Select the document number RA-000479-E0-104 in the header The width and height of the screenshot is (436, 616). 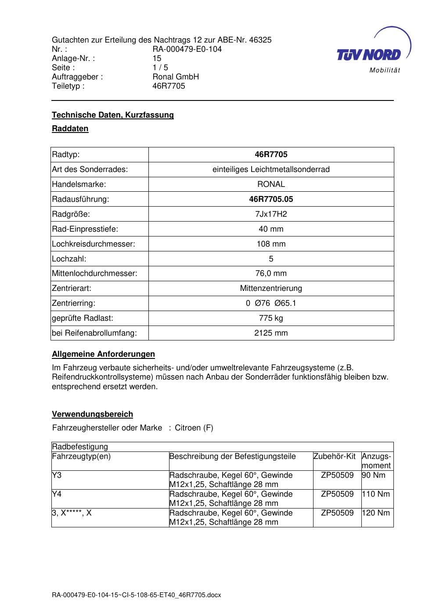[187, 49]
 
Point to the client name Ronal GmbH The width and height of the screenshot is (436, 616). [176, 77]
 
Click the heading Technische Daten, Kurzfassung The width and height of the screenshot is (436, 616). [113, 115]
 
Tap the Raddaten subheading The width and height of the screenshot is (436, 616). [70, 129]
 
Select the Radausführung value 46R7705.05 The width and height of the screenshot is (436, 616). [271, 199]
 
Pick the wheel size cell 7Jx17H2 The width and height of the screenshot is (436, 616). [271, 214]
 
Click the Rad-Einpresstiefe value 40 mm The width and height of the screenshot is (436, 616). [271, 229]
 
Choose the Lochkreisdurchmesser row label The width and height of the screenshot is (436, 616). [94, 244]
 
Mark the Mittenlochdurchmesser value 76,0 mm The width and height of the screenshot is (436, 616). [271, 273]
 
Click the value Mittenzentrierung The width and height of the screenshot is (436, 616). [271, 288]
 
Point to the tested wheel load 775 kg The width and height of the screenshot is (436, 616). [271, 318]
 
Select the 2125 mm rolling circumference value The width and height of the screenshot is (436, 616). [271, 333]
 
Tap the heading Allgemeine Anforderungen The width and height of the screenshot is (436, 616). [103, 354]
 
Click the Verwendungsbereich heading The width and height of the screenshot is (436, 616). [92, 414]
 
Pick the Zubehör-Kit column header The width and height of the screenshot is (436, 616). [335, 456]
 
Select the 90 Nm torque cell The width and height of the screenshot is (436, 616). [374, 475]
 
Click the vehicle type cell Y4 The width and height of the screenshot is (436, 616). [57, 494]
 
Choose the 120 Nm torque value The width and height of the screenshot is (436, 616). [376, 513]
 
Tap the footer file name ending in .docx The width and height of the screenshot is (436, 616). [137, 595]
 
